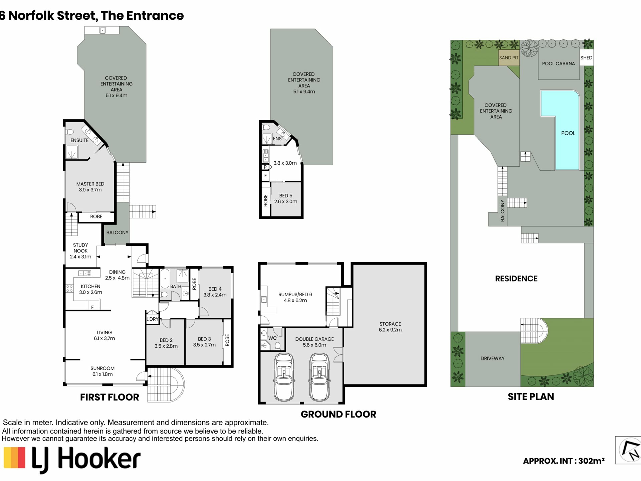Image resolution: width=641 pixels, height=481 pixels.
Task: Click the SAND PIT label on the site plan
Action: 509,58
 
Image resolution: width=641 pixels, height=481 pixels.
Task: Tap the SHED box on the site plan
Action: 586,58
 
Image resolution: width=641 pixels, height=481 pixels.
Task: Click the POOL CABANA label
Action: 559,63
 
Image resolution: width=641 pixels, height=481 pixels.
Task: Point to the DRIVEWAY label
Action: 492,358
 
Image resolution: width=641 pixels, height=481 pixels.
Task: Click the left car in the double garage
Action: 284,377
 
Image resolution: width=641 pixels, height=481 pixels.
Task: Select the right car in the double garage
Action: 319,377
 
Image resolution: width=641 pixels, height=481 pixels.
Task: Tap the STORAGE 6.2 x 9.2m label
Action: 390,327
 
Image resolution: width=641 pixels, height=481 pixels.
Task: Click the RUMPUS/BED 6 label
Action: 295,295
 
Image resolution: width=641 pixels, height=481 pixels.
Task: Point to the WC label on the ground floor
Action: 272,338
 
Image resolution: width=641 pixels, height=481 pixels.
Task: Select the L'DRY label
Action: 152,319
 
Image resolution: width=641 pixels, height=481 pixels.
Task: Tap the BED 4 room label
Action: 215,289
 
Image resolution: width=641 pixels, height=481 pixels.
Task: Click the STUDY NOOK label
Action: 80,248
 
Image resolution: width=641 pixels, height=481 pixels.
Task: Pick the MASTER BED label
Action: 90,184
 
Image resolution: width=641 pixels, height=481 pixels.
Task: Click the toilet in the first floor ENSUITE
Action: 69,132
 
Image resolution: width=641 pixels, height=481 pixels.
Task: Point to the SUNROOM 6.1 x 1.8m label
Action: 102,371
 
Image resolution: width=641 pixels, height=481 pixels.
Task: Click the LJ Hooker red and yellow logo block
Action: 14,458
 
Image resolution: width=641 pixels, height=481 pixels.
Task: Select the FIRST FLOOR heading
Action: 110,397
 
